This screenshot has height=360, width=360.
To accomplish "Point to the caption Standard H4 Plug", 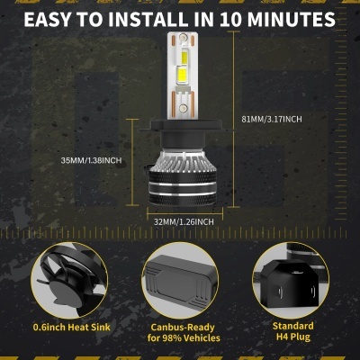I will [x=293, y=331].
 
